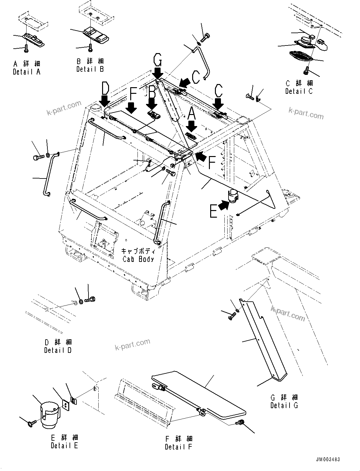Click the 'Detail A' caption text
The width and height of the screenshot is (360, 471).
click(27, 72)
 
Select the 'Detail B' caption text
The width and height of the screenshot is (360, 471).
click(90, 69)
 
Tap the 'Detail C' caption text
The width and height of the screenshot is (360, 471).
click(299, 91)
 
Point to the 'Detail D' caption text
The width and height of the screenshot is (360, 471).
click(58, 350)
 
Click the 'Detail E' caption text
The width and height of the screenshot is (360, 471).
click(64, 446)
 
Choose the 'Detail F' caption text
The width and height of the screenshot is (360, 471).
click(178, 447)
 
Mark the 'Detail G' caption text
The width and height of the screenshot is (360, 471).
click(284, 405)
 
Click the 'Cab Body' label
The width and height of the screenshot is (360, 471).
click(138, 259)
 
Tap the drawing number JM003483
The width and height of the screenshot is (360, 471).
click(327, 460)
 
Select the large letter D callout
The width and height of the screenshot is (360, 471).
click(105, 88)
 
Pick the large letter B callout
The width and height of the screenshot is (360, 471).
click(152, 92)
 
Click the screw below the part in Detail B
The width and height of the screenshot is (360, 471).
click(90, 48)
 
